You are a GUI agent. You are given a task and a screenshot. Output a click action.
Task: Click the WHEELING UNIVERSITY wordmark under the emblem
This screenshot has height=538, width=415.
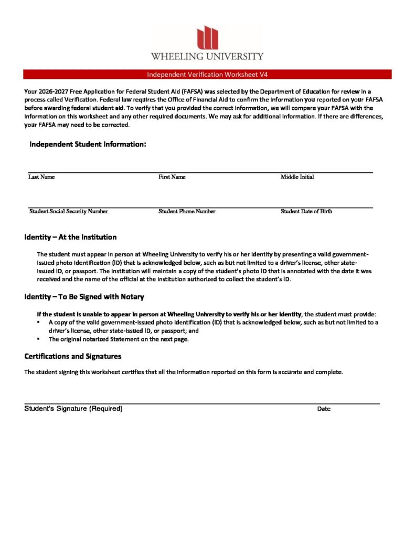point(207,56)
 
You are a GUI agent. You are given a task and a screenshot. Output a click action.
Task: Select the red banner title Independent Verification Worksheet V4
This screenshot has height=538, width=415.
point(207,75)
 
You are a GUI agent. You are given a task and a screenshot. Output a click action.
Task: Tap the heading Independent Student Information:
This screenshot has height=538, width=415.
point(88,144)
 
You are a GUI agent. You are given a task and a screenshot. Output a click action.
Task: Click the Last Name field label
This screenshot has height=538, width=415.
point(41,177)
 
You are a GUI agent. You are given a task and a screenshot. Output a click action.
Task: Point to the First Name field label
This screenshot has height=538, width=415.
point(172,177)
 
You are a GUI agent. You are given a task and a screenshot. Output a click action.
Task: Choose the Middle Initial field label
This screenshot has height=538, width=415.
point(297,177)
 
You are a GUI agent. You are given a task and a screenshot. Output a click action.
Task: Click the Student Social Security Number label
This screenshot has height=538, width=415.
point(69,211)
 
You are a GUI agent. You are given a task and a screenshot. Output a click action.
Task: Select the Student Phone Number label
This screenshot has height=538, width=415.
point(187,211)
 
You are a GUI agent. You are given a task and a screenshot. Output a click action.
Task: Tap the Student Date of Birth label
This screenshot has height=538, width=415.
point(306,211)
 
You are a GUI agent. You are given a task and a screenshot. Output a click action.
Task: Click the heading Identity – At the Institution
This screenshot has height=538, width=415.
point(70,237)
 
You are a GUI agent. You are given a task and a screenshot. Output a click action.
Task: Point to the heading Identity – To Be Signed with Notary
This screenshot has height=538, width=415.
point(84,297)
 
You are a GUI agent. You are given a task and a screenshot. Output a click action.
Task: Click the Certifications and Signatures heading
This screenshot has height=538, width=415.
point(73,356)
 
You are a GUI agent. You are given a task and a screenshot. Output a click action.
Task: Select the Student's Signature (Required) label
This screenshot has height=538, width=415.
point(73,409)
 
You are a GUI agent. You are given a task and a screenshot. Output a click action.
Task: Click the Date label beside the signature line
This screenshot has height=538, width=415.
point(324,409)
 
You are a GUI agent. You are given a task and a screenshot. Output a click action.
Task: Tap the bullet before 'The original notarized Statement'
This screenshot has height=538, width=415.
point(39,339)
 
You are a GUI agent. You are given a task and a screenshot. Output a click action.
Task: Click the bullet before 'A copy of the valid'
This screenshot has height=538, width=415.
point(39,322)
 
